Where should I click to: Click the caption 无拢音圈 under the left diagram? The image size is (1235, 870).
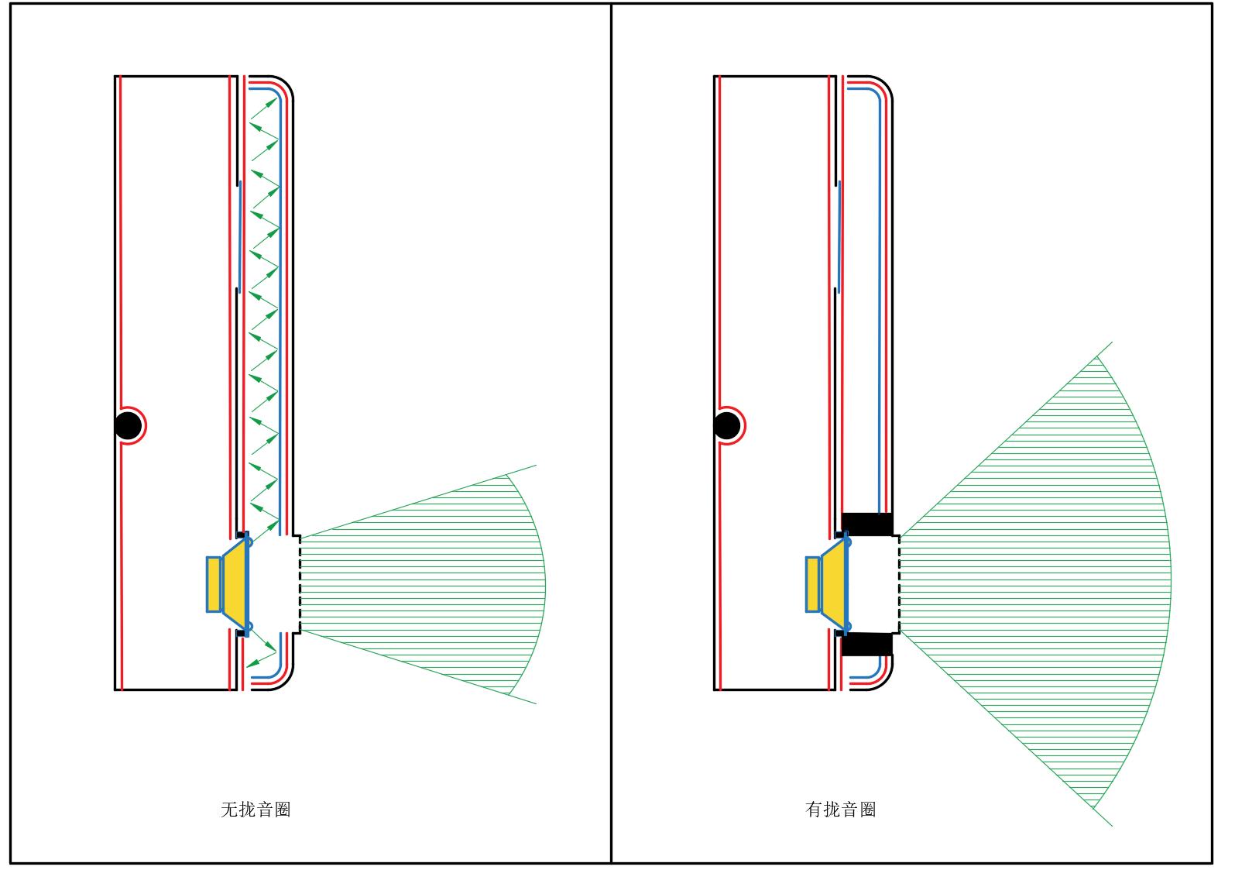coord(256,810)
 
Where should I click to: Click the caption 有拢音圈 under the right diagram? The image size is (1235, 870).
coord(841,810)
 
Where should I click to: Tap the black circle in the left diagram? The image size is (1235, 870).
coord(128,425)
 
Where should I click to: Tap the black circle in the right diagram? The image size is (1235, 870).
coord(726,425)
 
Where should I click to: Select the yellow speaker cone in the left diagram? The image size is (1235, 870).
coord(235,583)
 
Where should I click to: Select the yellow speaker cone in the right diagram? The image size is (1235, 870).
coord(834,583)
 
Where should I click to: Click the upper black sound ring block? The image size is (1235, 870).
coord(867,524)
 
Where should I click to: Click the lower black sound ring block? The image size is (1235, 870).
coord(867,645)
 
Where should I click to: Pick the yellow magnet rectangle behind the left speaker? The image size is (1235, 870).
coord(214,584)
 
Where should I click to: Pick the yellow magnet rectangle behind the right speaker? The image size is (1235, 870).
coord(813,584)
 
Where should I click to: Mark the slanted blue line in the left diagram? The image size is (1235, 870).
coord(240,236)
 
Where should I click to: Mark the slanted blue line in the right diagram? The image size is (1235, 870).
coord(839,236)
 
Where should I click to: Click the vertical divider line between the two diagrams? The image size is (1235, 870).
coord(611,434)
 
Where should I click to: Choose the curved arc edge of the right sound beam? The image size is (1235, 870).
coord(1170,573)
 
